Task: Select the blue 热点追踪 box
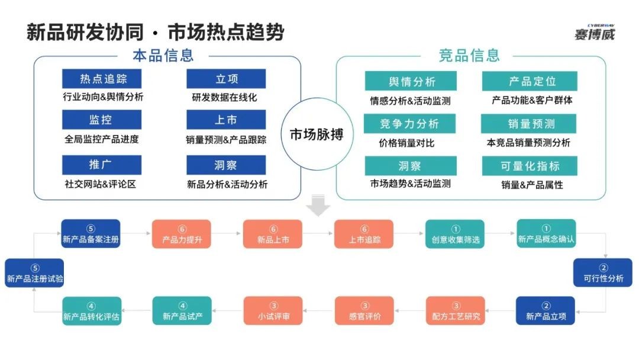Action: click(x=102, y=79)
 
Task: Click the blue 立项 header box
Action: click(x=226, y=79)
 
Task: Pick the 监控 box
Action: click(x=102, y=120)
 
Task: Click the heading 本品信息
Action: click(x=163, y=56)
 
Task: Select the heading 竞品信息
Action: click(x=469, y=56)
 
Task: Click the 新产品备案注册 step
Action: click(x=91, y=234)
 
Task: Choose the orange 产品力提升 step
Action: click(x=182, y=234)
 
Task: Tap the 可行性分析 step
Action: click(x=603, y=272)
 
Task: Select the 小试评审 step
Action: click(x=273, y=311)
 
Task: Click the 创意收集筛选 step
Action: click(x=455, y=234)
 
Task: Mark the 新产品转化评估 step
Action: click(x=92, y=311)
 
